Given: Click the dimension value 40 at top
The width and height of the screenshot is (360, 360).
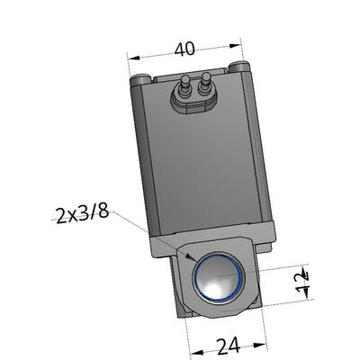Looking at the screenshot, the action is tap(184, 49).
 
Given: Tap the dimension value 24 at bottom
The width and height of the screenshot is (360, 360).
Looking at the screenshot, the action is tap(229, 346).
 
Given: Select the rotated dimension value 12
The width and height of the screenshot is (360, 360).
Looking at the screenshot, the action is tap(302, 283).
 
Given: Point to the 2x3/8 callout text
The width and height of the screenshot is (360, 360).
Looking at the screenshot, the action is tap(83, 214).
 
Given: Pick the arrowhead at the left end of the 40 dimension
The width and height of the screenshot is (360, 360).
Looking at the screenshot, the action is tap(133, 57).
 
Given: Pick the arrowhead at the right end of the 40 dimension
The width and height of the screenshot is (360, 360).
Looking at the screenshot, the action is tap(235, 46).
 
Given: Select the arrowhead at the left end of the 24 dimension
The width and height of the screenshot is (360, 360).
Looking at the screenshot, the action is tap(197, 352).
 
